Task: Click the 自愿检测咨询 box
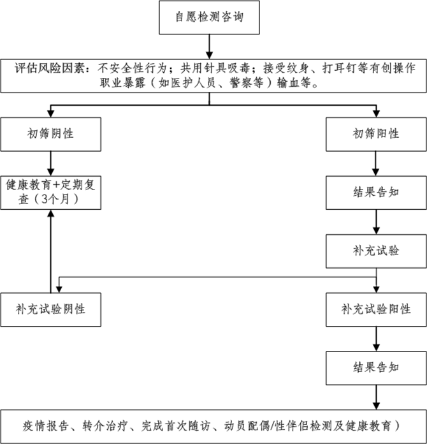[208, 18]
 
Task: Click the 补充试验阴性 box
[51, 309]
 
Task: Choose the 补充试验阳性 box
[376, 309]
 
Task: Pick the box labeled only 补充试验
[376, 251]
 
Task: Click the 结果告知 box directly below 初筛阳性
[376, 192]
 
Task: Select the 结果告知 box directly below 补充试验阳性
[376, 367]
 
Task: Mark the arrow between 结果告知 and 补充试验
[376, 221]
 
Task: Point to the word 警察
[234, 84]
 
